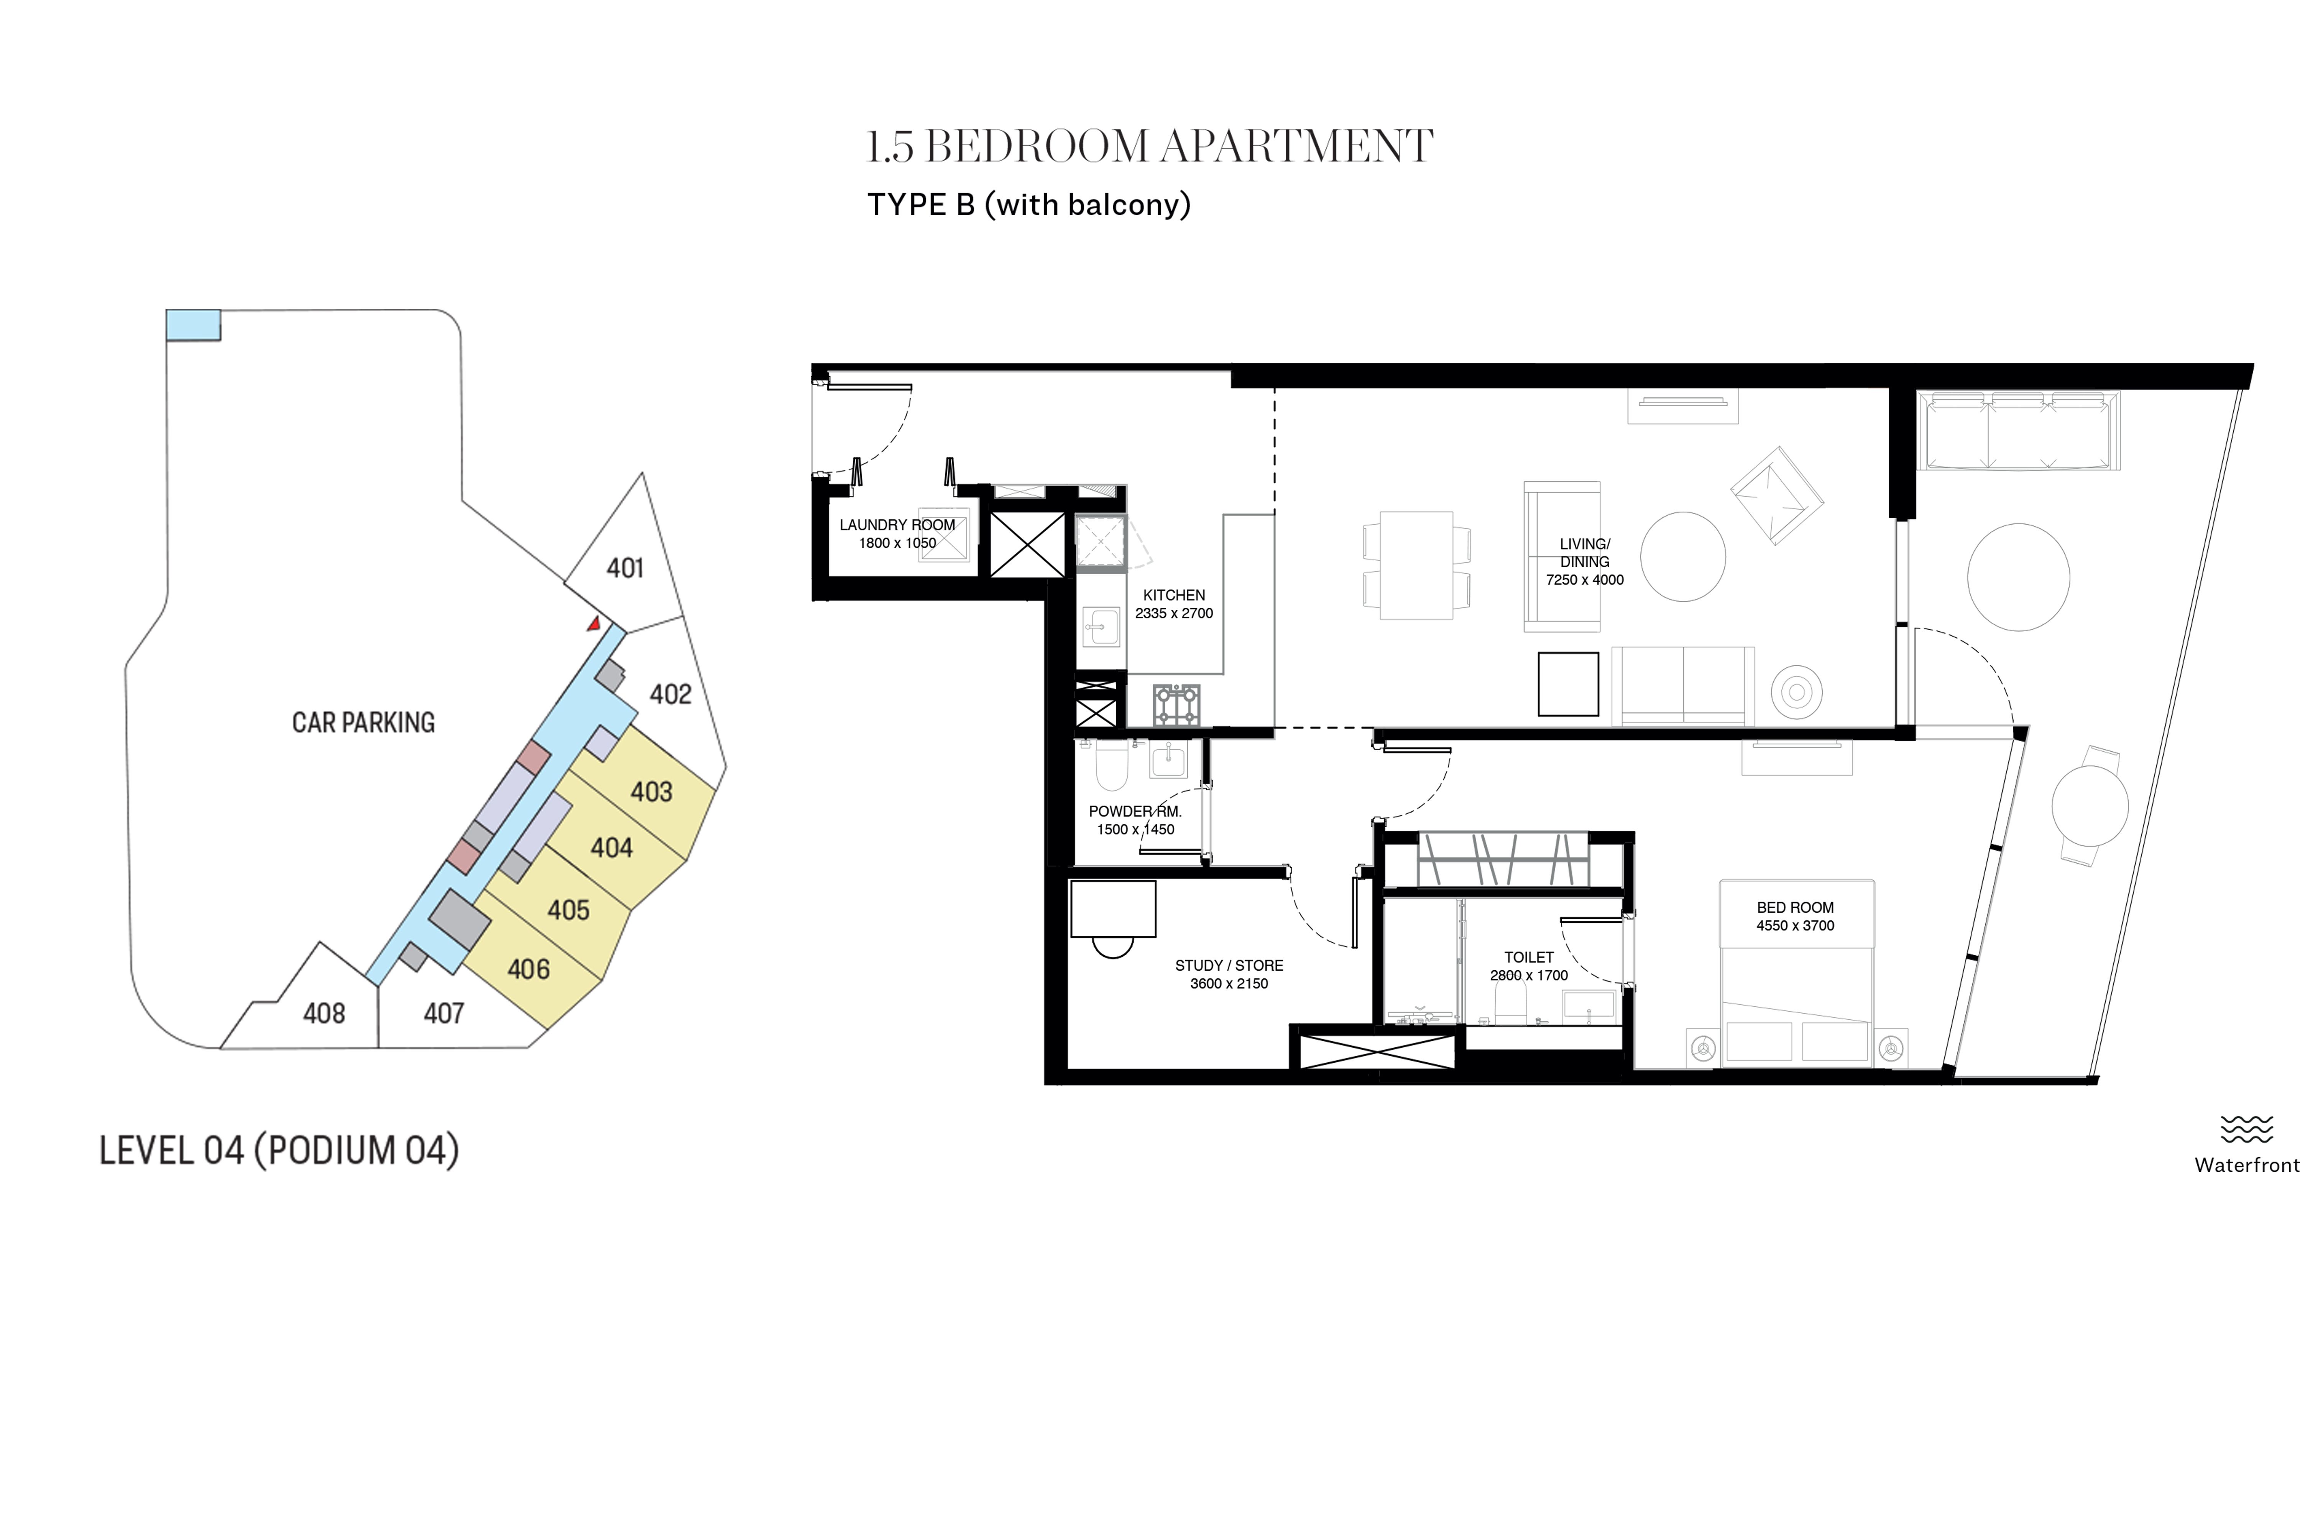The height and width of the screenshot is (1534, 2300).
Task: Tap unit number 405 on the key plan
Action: point(568,910)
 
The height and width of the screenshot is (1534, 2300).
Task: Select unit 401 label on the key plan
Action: point(625,568)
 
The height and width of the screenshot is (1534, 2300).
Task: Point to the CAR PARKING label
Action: point(363,722)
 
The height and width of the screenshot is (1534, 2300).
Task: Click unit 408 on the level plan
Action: point(324,1012)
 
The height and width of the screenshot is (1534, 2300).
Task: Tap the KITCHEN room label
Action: point(1173,595)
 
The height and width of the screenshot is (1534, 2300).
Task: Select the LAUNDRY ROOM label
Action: point(897,524)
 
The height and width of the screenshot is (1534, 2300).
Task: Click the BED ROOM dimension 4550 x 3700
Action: point(1796,925)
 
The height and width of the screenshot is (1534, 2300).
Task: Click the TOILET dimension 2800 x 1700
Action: point(1528,975)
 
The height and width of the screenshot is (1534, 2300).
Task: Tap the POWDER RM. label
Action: point(1135,811)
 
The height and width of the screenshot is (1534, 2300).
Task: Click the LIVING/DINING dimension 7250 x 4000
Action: point(1584,580)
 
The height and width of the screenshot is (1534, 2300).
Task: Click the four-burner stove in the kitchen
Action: point(1176,705)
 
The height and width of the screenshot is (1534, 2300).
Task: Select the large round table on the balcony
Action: point(2018,577)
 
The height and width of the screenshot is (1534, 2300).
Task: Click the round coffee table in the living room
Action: point(1683,557)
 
